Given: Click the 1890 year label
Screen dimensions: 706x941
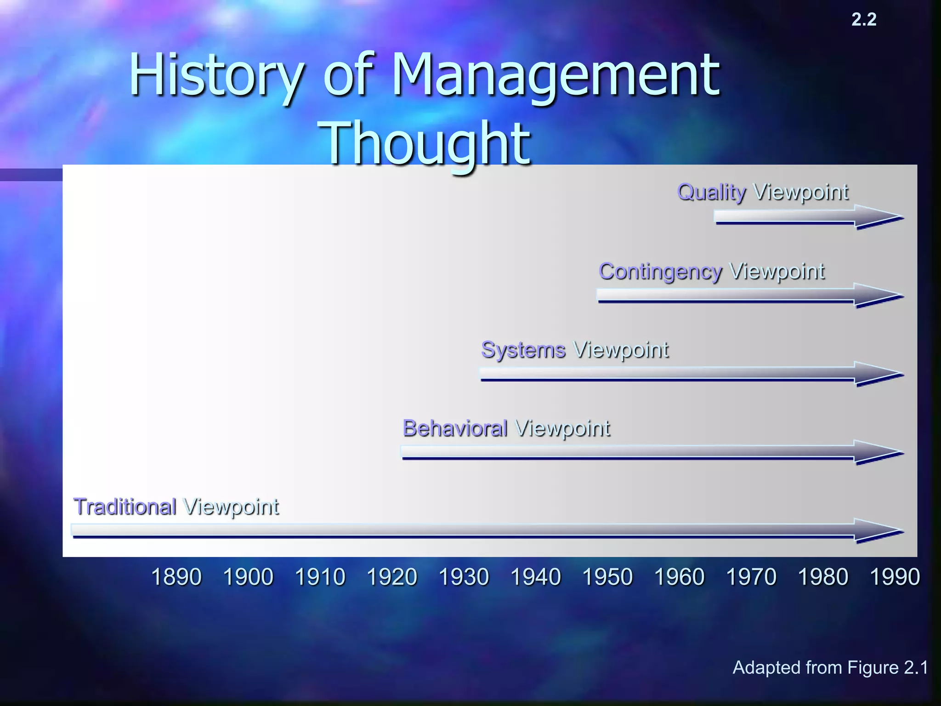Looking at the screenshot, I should (x=176, y=577).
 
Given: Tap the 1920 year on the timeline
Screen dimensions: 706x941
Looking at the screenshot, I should (x=392, y=577).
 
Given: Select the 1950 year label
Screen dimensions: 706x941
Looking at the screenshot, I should (x=607, y=577).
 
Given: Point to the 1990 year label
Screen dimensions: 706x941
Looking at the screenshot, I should (x=895, y=577).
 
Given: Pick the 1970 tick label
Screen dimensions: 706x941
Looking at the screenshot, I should (x=751, y=577).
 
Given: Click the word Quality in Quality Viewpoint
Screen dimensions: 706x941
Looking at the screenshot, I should (x=711, y=193).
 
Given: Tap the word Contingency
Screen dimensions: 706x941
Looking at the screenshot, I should (x=660, y=272).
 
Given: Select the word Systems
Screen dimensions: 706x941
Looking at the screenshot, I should (x=523, y=350).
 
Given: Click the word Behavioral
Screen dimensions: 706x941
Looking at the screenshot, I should (x=455, y=428).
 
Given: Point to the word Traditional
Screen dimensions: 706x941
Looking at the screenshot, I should (x=125, y=507).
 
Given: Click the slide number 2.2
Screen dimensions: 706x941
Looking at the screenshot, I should (x=864, y=19).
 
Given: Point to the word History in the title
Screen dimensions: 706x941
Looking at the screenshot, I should (x=216, y=76).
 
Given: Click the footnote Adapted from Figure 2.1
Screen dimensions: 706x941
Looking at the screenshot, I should (x=830, y=667).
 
